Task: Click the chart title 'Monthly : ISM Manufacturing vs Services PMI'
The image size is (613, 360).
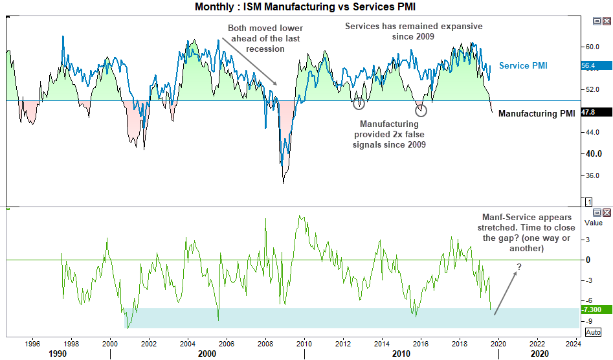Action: point(306,6)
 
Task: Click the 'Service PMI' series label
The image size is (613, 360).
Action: point(524,66)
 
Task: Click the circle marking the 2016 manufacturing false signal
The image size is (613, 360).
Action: point(421,109)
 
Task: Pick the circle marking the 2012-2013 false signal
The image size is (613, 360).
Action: point(359,102)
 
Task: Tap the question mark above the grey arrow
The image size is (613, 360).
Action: point(519,267)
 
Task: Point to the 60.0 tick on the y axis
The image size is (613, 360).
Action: point(592,47)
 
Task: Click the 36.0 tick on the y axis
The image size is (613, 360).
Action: point(592,175)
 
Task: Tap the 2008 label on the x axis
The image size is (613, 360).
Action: point(265,343)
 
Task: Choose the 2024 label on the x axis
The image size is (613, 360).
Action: point(573,343)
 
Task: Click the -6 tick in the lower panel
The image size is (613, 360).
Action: point(588,300)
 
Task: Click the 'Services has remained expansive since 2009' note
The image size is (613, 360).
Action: point(414,31)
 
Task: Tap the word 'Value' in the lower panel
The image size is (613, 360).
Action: point(594,222)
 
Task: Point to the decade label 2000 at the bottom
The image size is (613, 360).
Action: point(207,354)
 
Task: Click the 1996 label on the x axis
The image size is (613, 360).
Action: point(33,343)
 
